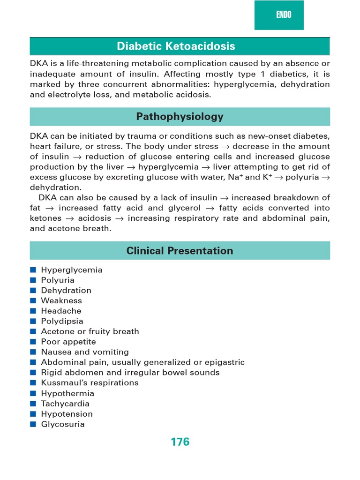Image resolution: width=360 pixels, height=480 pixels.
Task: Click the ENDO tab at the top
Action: [283, 15]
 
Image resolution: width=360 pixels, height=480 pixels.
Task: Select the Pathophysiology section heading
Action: [180, 117]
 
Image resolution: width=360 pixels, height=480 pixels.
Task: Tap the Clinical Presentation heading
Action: [180, 251]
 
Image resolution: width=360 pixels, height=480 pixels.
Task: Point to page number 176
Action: [180, 442]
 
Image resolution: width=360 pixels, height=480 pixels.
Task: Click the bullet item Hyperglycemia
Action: [71, 270]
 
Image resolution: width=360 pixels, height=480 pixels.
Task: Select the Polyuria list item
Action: [58, 280]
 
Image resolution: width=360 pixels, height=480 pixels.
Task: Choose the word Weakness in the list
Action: [61, 300]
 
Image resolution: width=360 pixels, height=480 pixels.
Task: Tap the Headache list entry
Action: [61, 311]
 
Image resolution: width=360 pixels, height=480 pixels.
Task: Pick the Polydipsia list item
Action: [62, 321]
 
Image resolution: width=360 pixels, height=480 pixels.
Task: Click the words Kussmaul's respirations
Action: [90, 383]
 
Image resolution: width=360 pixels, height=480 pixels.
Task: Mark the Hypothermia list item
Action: [67, 393]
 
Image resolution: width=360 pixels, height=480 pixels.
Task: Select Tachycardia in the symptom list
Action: [65, 404]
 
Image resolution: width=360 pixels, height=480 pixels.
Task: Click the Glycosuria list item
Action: [63, 424]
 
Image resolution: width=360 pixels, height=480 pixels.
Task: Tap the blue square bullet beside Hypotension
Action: [33, 414]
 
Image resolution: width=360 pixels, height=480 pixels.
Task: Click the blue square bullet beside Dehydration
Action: [33, 291]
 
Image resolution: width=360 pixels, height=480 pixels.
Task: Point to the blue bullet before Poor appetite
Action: [33, 342]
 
